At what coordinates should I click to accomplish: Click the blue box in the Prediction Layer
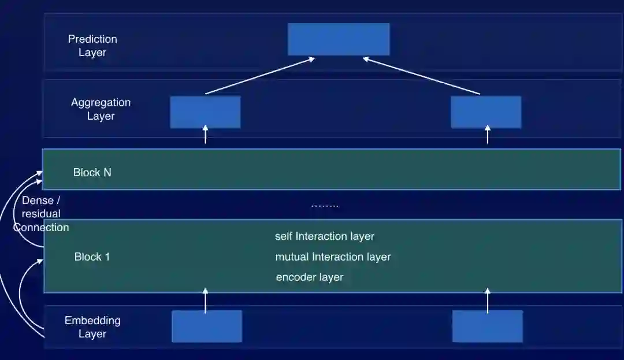339,39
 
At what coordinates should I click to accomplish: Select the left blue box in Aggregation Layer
205,112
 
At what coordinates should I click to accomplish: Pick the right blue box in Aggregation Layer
486,112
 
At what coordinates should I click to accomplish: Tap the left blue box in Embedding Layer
207,326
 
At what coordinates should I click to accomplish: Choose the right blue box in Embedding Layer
488,326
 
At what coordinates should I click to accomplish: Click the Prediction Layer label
92,46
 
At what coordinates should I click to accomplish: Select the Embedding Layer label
92,327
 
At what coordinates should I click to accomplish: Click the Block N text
92,172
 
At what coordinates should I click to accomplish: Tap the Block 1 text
92,257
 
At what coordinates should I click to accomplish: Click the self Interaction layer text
325,236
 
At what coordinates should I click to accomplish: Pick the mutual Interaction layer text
333,257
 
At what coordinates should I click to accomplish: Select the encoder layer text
310,277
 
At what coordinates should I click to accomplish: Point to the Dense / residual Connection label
41,214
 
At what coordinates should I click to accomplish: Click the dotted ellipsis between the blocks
325,206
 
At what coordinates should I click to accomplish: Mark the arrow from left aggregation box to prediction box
260,75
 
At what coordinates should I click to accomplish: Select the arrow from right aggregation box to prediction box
422,75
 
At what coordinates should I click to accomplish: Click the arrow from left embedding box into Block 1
206,300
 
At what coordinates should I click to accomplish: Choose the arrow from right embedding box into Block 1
487,300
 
